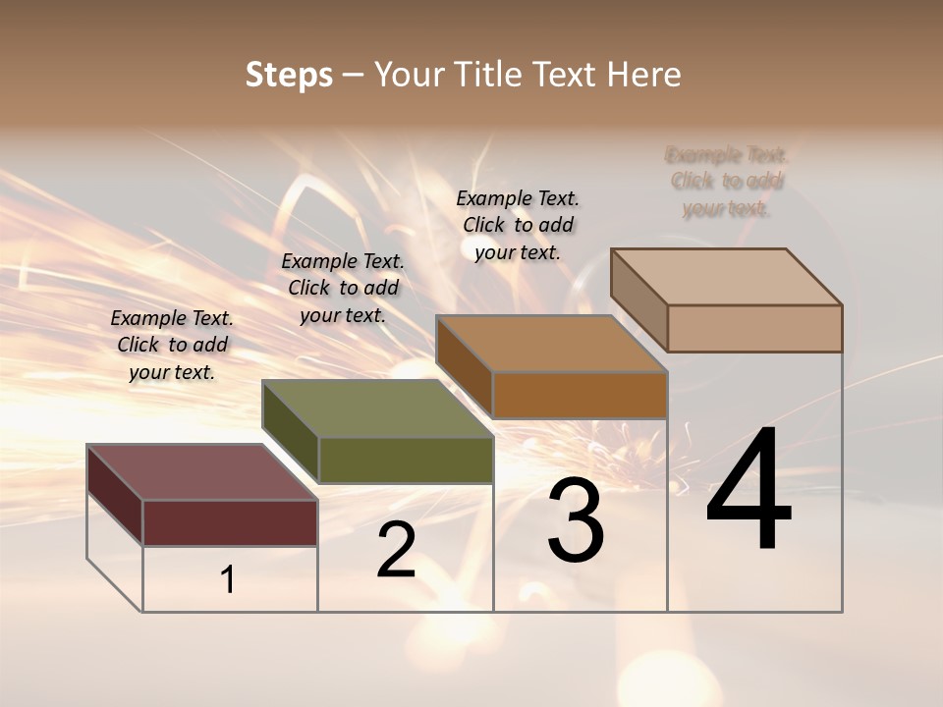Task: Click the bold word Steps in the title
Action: click(x=289, y=75)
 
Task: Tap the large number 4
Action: click(x=749, y=490)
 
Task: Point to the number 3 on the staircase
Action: click(x=576, y=520)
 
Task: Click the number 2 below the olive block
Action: click(x=396, y=551)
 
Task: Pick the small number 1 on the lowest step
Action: click(x=228, y=580)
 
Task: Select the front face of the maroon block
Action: click(x=230, y=522)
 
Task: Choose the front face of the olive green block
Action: click(x=405, y=460)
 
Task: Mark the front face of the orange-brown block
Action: click(x=580, y=395)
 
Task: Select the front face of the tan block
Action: click(x=754, y=328)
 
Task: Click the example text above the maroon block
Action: click(x=172, y=345)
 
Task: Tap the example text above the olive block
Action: click(x=343, y=288)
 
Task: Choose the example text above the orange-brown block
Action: click(x=518, y=225)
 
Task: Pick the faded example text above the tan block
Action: click(x=727, y=182)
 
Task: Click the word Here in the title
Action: click(x=643, y=75)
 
